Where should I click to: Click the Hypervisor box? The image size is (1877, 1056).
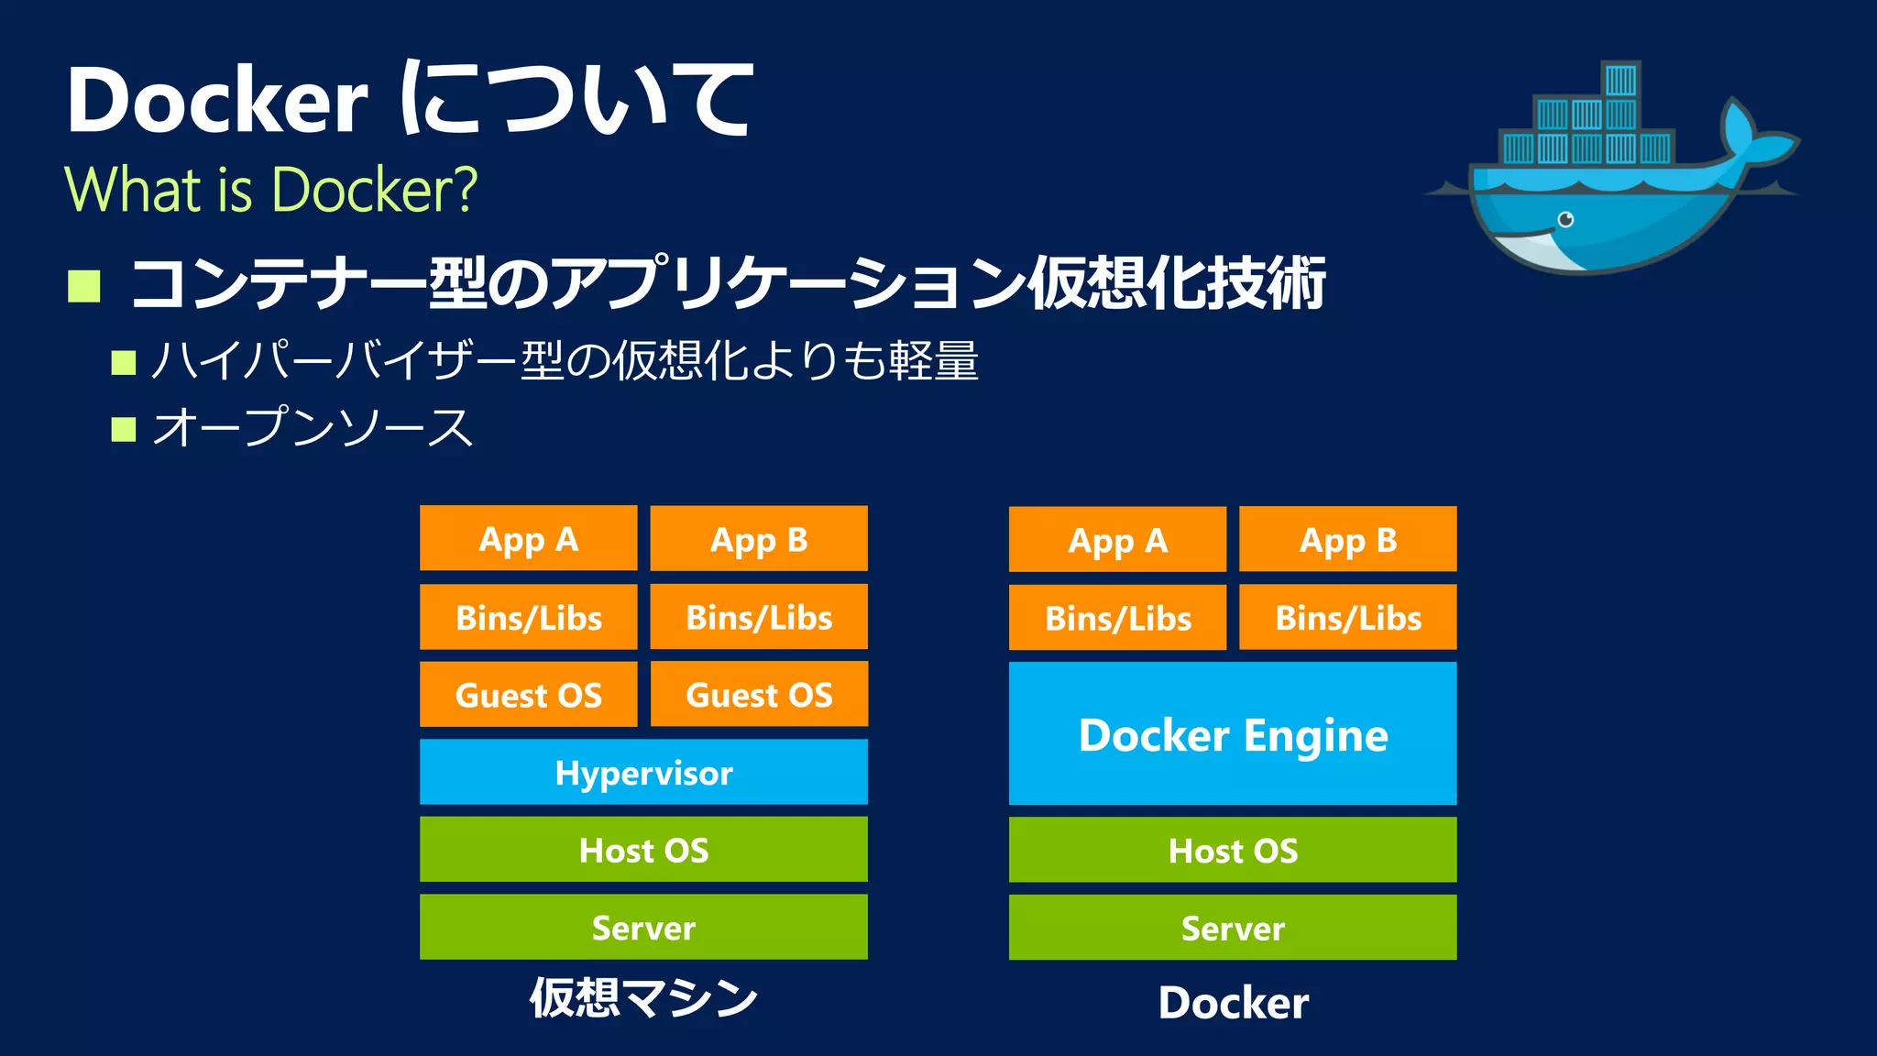click(643, 772)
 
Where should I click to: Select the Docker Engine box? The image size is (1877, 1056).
click(1233, 733)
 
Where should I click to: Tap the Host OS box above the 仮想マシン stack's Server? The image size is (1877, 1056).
click(643, 850)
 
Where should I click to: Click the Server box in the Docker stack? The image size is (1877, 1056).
click(1233, 928)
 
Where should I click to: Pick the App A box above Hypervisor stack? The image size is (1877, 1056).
click(529, 538)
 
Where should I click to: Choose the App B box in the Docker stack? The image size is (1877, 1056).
click(1347, 539)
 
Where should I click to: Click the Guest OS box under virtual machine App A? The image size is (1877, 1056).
click(529, 694)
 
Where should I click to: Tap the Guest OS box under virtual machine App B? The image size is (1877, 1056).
click(759, 694)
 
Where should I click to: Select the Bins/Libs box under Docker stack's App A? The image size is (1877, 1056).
click(1117, 617)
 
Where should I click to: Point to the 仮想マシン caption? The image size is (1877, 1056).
click(643, 997)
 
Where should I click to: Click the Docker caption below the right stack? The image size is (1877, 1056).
click(1233, 1002)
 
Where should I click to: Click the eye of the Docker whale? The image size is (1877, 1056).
click(1566, 219)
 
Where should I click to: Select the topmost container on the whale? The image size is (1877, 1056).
click(1620, 80)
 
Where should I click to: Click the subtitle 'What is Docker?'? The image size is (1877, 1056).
click(271, 190)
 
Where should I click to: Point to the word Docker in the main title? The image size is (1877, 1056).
click(217, 100)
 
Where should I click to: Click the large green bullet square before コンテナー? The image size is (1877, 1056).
click(84, 286)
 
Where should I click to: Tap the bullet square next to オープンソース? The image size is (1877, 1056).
click(124, 429)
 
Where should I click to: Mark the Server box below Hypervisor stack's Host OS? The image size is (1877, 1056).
click(643, 927)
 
